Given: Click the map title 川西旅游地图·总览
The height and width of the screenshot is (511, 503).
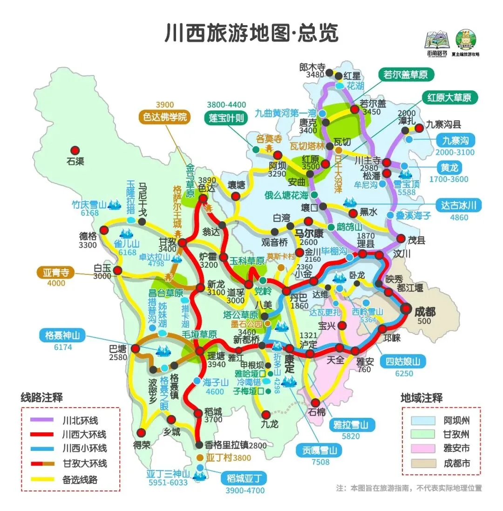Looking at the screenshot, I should click(x=251, y=33).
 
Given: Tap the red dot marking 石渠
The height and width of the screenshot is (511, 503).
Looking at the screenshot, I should click(x=75, y=150).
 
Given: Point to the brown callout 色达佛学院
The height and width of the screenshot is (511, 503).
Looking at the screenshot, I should click(x=165, y=117).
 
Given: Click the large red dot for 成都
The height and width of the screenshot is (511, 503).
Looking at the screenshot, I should click(x=407, y=308).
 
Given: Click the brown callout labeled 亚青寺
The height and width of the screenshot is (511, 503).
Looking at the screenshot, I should click(x=56, y=273).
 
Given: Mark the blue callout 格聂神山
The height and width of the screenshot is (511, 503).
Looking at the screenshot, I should click(x=62, y=335).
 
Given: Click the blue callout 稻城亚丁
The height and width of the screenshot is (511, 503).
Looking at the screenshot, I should click(x=245, y=478).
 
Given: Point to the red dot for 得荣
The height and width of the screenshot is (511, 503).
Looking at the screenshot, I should click(x=142, y=431).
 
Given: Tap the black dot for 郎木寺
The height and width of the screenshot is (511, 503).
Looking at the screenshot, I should click(x=330, y=73).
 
